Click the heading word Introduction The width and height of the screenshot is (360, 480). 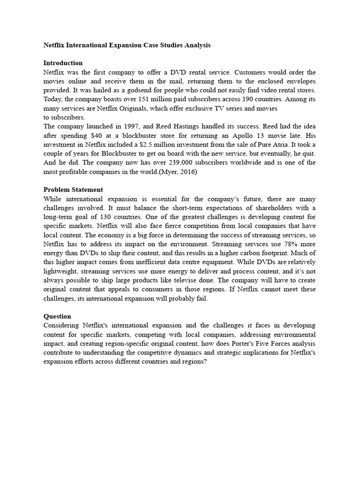(x=63, y=63)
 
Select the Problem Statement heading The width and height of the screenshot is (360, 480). (x=73, y=189)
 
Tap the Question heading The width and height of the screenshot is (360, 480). (x=57, y=316)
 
